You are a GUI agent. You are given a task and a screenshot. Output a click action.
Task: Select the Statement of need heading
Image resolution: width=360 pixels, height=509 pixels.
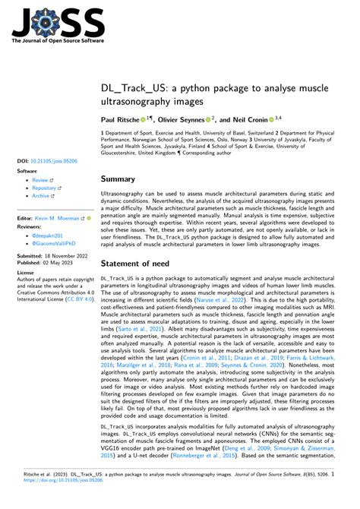tap(146, 264)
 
